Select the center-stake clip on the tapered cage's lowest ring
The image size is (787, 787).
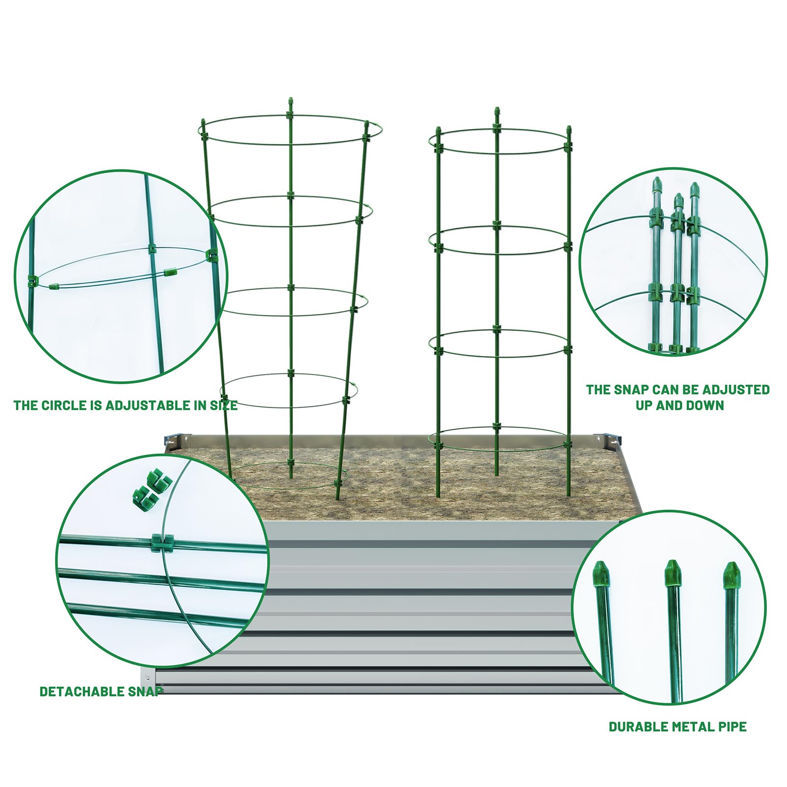pyautogui.click(x=290, y=463)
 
